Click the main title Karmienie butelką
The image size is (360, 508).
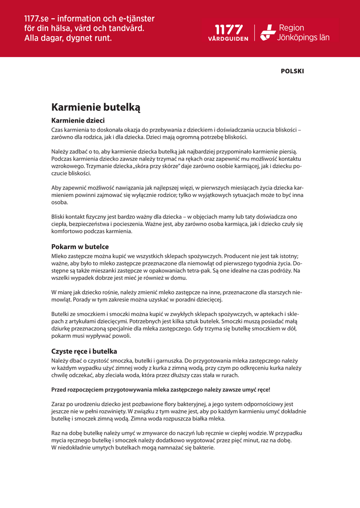point(96,107)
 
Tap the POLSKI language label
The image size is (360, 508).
point(292,71)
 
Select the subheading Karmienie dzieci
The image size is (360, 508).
point(78,121)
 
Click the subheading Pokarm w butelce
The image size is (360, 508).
point(80,247)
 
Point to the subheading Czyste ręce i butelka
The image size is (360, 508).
point(84,351)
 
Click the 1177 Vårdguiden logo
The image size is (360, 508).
point(228,33)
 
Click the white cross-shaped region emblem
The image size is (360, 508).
point(268,33)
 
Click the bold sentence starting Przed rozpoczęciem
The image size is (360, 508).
point(161,390)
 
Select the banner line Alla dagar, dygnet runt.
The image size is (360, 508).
point(68,38)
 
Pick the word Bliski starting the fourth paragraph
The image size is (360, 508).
point(60,217)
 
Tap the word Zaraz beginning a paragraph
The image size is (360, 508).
point(59,404)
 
